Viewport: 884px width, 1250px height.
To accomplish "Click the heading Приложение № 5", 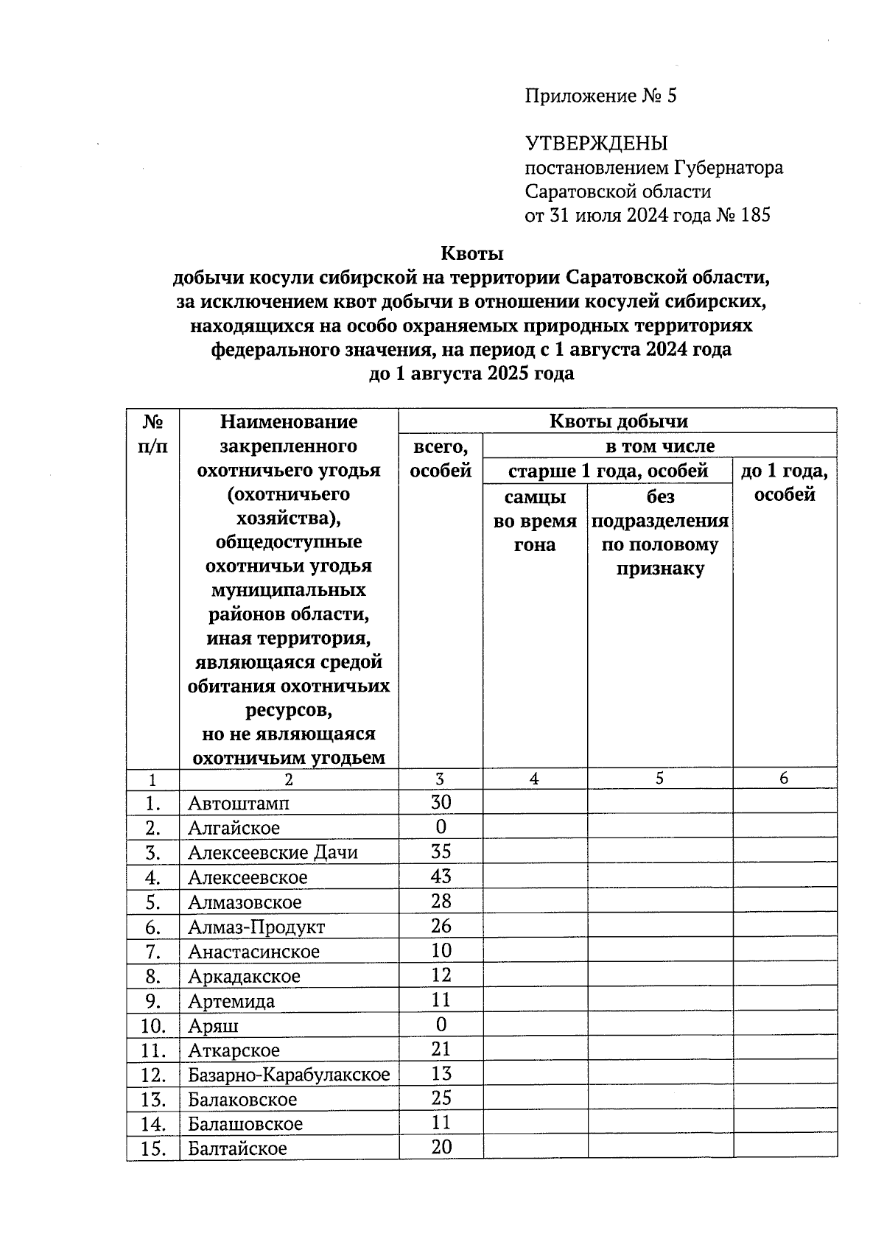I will tap(600, 96).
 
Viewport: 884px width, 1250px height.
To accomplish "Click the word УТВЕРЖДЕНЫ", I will tap(596, 144).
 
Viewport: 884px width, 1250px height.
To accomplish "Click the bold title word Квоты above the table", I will tap(471, 254).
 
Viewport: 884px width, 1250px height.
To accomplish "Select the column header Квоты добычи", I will tap(617, 421).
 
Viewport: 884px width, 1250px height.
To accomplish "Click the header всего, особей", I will tap(441, 458).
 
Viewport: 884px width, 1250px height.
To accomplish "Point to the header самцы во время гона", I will tap(535, 521).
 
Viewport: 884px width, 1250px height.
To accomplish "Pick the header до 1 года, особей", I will tap(784, 482).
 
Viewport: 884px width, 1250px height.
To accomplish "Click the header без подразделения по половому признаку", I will tap(660, 533).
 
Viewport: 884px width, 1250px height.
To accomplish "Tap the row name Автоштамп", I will tap(239, 803).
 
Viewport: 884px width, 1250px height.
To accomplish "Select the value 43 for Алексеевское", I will tap(441, 877).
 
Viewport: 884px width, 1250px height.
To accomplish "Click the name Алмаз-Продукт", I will tap(256, 927).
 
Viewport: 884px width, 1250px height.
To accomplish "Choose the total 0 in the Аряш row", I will tap(441, 1025).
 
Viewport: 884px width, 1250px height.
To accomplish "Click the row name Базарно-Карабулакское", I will tap(289, 1075).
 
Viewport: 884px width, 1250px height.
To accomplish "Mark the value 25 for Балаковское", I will tap(441, 1098).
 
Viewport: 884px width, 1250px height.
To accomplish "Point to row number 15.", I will tap(152, 1148).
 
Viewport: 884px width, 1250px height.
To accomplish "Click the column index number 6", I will tap(784, 779).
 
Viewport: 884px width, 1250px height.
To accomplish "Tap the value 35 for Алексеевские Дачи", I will tap(441, 852).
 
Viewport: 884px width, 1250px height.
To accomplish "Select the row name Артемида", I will tap(231, 1001).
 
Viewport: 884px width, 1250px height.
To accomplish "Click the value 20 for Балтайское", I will tap(441, 1148).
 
